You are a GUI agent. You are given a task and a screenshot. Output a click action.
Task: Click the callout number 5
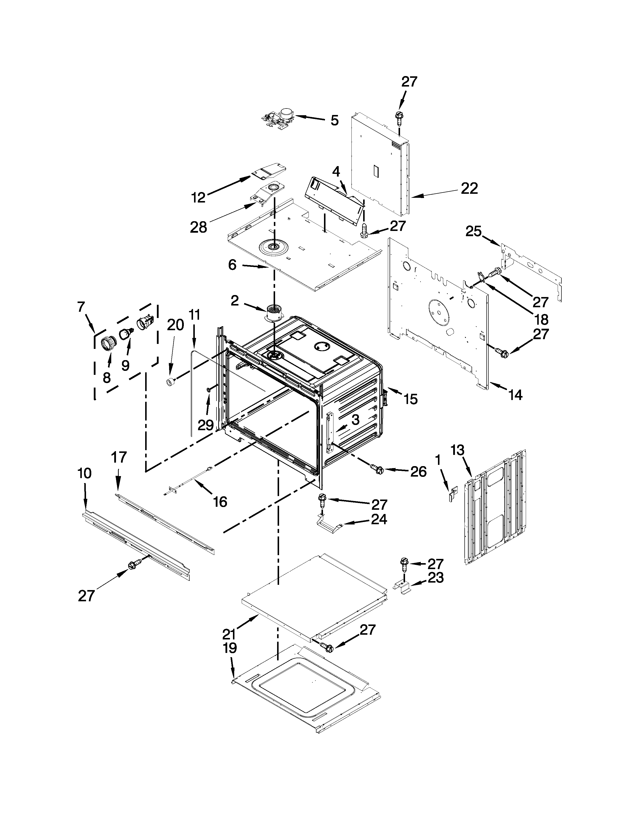(x=334, y=121)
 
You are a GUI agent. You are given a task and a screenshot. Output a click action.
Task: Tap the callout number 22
(x=469, y=188)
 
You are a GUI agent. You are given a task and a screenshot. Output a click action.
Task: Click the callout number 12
(x=199, y=197)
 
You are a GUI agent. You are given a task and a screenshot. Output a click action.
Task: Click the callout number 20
(x=177, y=324)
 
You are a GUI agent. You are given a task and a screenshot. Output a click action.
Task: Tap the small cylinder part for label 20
(x=171, y=383)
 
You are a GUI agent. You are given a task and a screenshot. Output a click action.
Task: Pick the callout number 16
(x=220, y=502)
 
